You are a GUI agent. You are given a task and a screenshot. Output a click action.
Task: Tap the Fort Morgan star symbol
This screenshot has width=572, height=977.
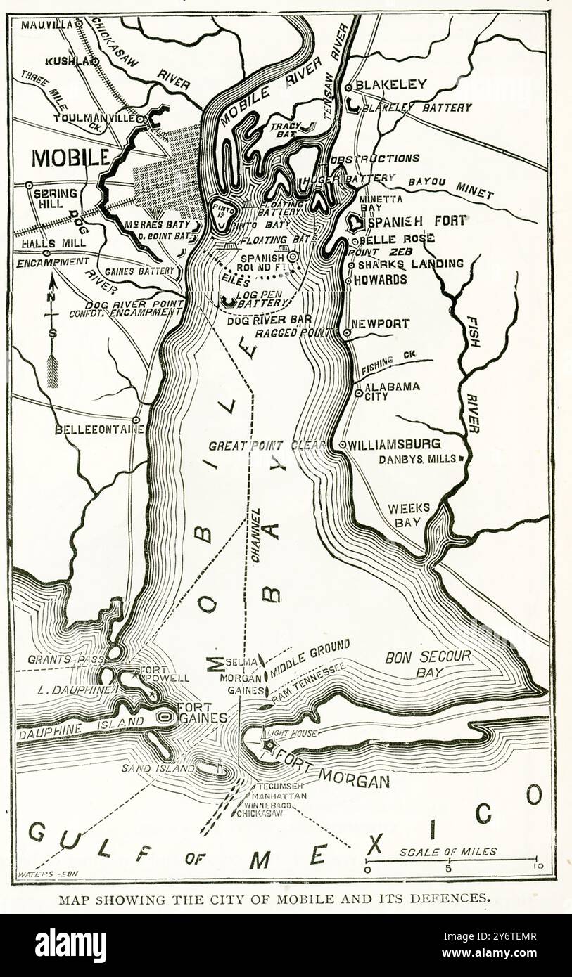[x=268, y=746]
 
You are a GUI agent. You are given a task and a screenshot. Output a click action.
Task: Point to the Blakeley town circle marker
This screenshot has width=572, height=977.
[x=348, y=88]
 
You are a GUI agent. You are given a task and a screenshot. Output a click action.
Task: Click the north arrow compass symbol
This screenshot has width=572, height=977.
[x=52, y=330]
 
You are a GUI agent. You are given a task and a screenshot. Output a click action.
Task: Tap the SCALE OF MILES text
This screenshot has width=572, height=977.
[x=447, y=851]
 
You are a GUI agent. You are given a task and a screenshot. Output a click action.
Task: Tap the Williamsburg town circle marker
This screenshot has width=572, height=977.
[x=342, y=444]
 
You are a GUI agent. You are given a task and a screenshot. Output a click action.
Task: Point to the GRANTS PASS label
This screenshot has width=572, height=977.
[x=56, y=660]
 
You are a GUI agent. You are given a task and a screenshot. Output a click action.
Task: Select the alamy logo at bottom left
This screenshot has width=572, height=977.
[x=70, y=945]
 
